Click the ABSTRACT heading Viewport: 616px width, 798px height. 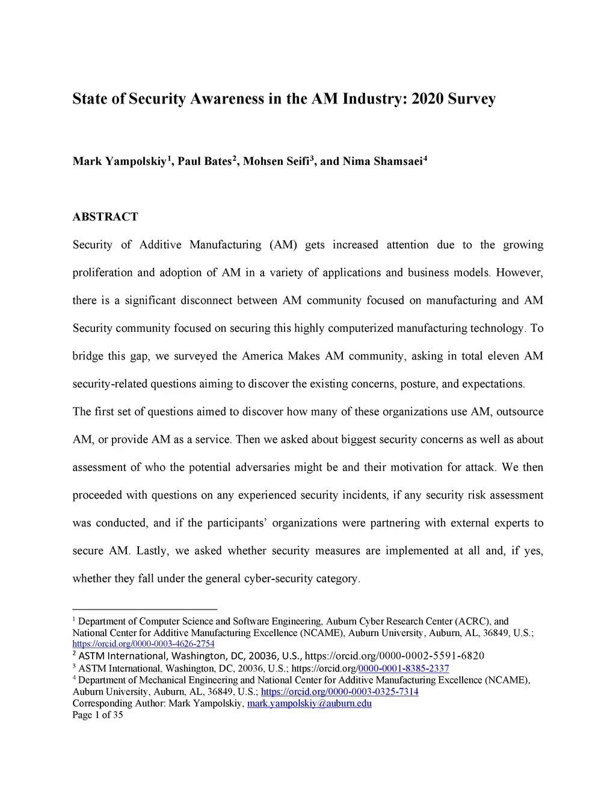coord(105,217)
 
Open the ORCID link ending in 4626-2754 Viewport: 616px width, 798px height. coord(143,644)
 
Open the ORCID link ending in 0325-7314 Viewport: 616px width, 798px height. coord(339,691)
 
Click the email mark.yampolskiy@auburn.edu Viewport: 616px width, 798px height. coord(309,703)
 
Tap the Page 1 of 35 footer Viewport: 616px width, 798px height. coord(97,715)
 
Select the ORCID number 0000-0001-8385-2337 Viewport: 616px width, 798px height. coord(404,669)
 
